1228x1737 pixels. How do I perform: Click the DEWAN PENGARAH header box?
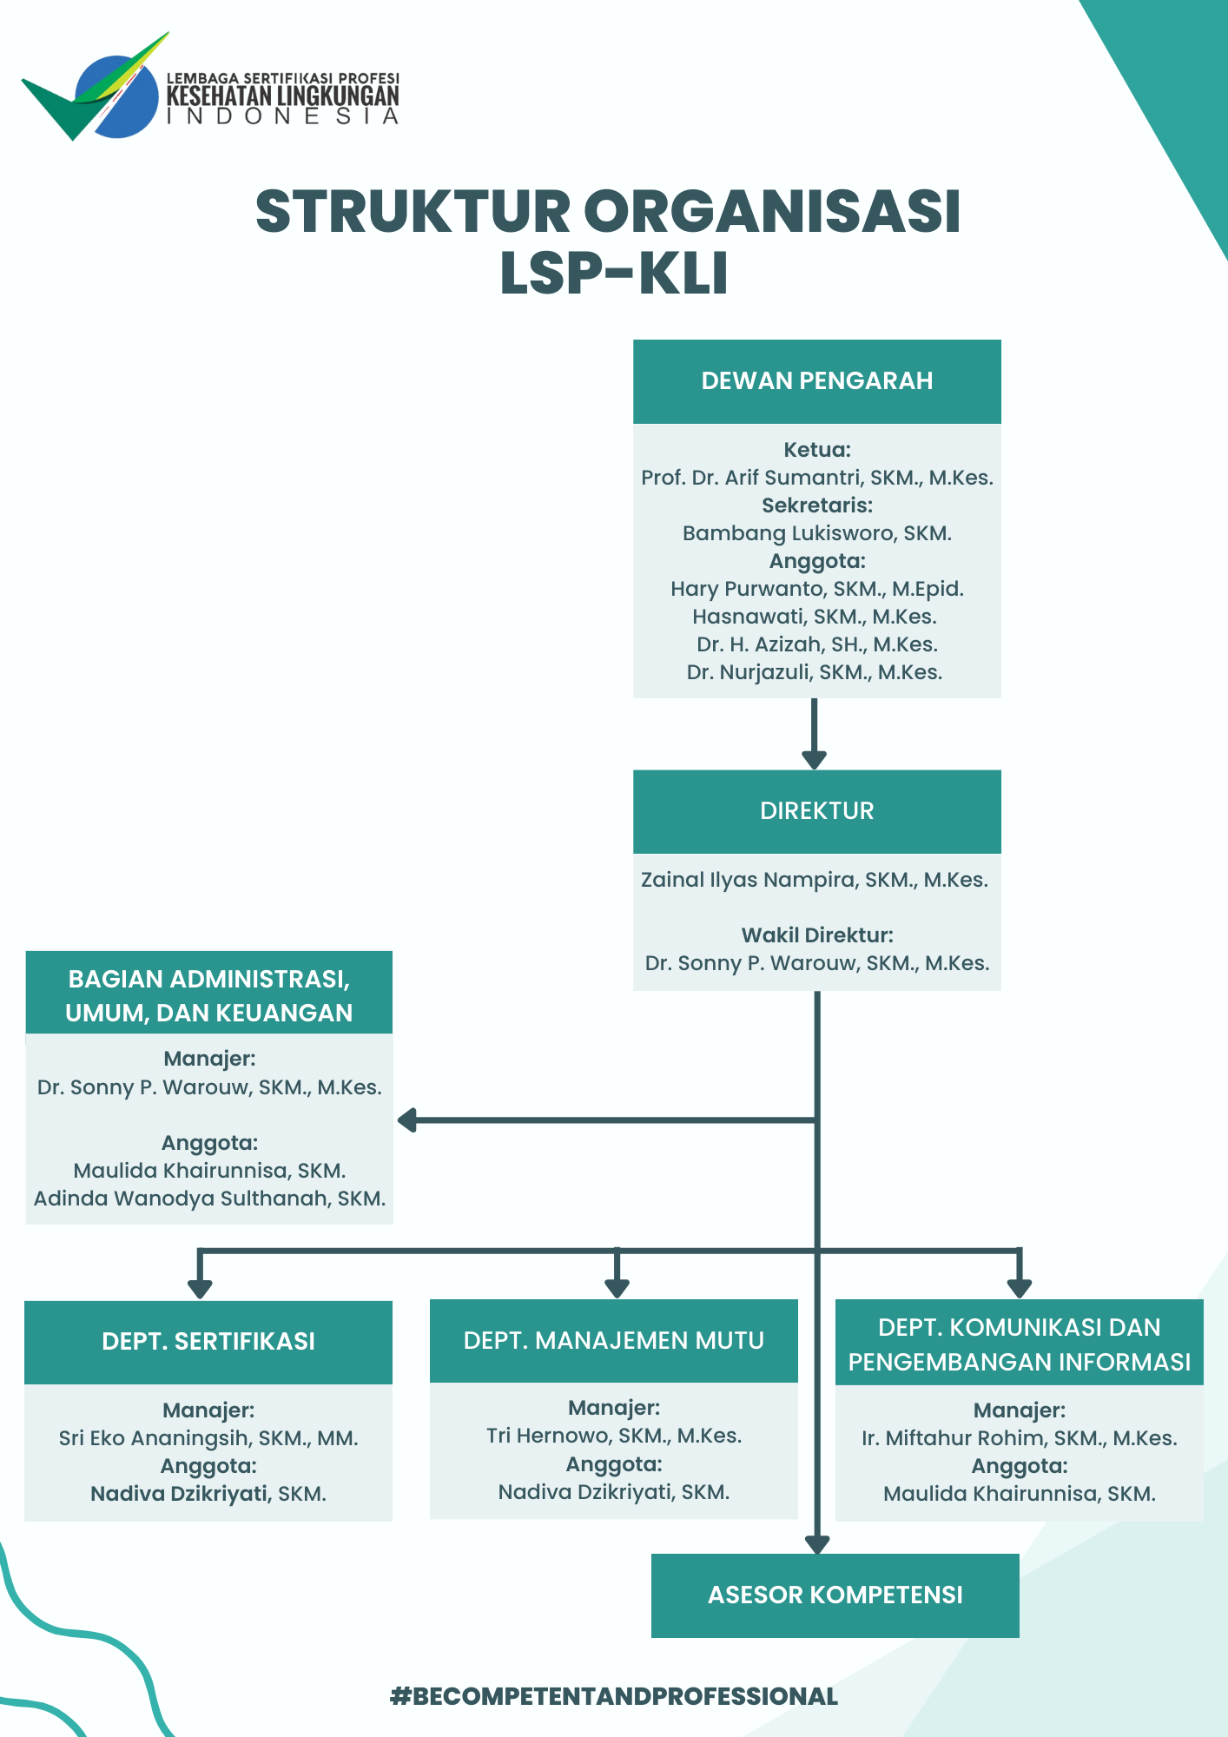tap(816, 381)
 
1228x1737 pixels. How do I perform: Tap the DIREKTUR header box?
tap(816, 811)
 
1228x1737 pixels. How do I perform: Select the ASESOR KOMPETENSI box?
tap(835, 1595)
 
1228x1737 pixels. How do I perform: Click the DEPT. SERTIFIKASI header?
tap(208, 1342)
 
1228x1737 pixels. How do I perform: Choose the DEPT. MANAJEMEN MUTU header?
tap(613, 1341)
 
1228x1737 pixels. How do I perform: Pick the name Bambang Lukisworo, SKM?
tap(816, 533)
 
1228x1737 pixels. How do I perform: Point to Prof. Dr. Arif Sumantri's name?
tap(816, 478)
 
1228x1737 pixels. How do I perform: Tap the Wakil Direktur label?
tap(816, 935)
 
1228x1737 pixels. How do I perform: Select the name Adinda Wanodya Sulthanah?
tap(209, 1199)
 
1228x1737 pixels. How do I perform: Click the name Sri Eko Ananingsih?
tap(208, 1438)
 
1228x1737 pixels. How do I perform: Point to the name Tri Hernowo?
tap(613, 1436)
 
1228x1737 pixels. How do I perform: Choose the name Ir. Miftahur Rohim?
tap(1019, 1438)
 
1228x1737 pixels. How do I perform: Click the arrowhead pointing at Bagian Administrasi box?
tap(407, 1120)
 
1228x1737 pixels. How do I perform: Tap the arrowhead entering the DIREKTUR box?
tap(814, 760)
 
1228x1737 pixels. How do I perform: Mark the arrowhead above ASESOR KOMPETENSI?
tap(817, 1545)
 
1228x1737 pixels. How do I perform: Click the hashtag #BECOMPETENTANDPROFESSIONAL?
tap(613, 1696)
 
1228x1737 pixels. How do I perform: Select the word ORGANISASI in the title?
tap(772, 211)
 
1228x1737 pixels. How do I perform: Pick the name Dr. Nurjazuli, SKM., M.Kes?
tap(814, 672)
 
